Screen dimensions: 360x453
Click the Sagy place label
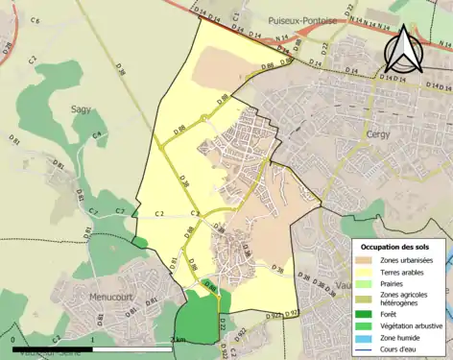point(81,108)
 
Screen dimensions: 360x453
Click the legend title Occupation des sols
point(396,248)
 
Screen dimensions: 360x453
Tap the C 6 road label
point(36,20)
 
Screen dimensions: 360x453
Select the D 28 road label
point(9,47)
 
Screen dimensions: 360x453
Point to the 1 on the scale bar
point(91,339)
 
